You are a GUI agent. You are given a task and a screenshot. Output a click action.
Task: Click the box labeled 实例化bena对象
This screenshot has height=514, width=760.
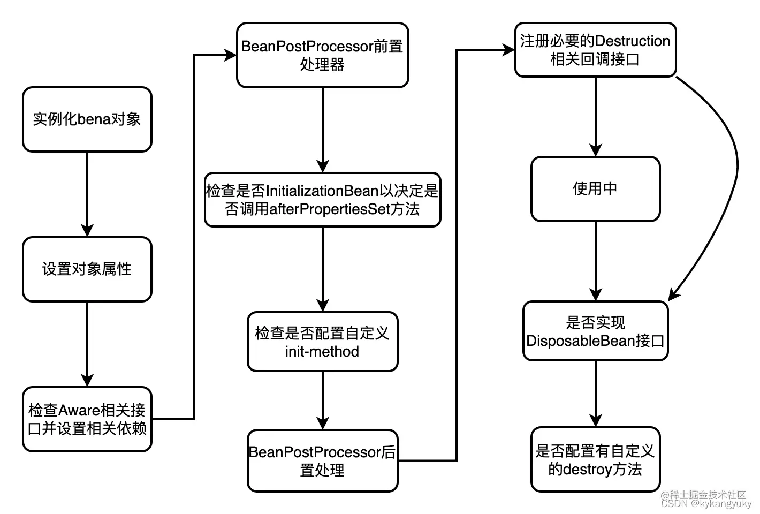click(x=87, y=119)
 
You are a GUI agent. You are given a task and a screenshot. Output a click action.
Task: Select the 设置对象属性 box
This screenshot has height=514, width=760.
click(x=87, y=269)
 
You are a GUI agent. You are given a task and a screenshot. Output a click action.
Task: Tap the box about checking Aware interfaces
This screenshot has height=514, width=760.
click(x=87, y=419)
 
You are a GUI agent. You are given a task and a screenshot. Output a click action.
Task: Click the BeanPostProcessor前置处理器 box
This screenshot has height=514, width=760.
click(x=322, y=55)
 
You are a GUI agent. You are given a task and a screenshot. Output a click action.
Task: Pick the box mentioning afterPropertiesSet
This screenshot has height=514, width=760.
click(x=322, y=200)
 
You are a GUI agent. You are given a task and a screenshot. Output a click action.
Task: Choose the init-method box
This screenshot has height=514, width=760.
click(x=322, y=342)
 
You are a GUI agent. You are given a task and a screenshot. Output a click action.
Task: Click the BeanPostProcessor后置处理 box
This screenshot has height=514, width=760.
click(x=322, y=460)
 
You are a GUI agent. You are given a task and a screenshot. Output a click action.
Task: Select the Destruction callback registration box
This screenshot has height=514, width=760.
click(x=595, y=50)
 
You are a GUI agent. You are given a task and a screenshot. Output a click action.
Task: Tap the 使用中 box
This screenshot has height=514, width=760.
click(x=595, y=188)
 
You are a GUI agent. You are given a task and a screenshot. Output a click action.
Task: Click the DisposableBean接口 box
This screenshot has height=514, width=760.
click(x=595, y=331)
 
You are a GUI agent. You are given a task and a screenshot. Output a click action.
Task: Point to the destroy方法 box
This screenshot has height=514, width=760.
click(x=595, y=459)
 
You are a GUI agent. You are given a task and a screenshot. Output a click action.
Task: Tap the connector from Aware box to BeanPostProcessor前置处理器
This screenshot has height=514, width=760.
click(x=194, y=236)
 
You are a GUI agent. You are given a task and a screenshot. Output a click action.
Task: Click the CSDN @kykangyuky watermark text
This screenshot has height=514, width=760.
click(x=706, y=504)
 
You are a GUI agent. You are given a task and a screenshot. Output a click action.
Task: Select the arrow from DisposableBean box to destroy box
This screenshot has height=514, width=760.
click(x=596, y=394)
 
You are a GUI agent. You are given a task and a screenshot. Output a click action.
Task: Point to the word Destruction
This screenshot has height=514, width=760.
click(x=632, y=41)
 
